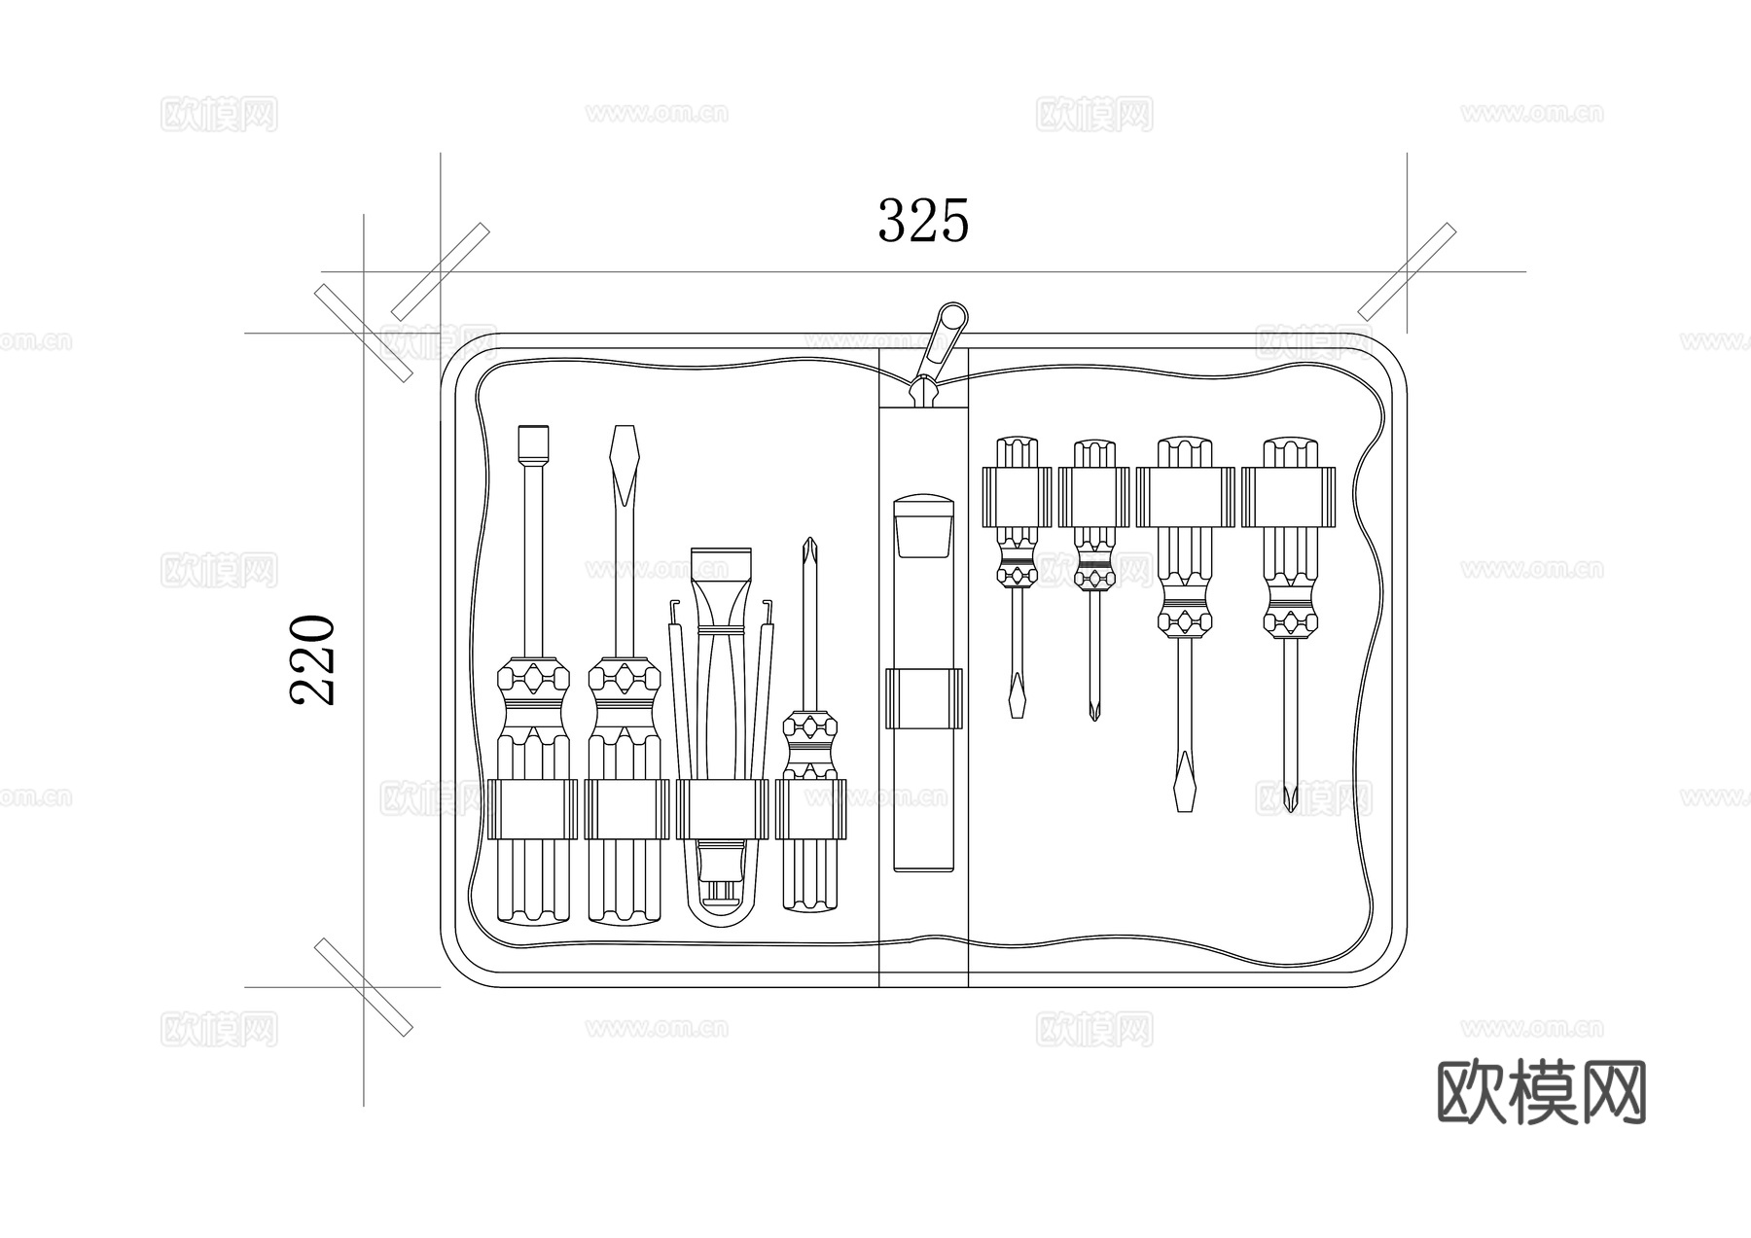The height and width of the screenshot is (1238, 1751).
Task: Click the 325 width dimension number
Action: pyautogui.click(x=923, y=220)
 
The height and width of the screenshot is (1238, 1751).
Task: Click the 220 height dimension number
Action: pyautogui.click(x=313, y=658)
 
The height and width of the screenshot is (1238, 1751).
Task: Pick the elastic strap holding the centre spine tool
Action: pyautogui.click(x=923, y=698)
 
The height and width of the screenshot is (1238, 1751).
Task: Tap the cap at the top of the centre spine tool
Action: pyautogui.click(x=923, y=526)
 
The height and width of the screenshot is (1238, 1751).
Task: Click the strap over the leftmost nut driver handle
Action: pyautogui.click(x=531, y=808)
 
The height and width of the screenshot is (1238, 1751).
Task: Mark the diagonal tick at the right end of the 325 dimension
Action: pyautogui.click(x=1407, y=272)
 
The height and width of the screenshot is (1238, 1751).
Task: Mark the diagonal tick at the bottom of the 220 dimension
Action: pyautogui.click(x=363, y=987)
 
